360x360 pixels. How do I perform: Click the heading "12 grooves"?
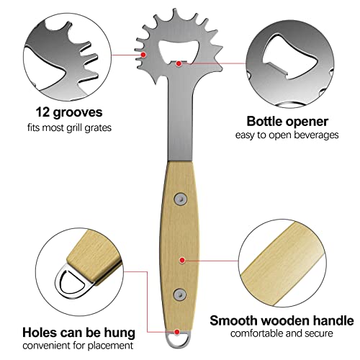pos(69,112)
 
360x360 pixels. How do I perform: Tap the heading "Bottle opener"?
pos(287,122)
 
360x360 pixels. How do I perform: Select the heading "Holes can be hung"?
pos(78,333)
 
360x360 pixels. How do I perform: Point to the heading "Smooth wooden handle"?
pos(282,320)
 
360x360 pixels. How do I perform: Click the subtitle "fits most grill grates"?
pos(69,127)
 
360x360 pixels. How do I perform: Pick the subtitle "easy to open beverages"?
pos(287,135)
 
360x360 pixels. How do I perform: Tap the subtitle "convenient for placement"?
pos(78,346)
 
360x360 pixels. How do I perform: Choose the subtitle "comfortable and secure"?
pos(282,333)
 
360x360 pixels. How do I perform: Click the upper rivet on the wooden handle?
pos(181,199)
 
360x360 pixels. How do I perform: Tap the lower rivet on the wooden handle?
pos(180,294)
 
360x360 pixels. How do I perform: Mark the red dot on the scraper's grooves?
pos(143,55)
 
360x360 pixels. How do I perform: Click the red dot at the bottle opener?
pos(179,63)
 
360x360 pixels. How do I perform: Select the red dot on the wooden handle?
pos(182,260)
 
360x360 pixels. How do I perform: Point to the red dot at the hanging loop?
pos(177,332)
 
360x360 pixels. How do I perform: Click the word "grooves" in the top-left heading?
pos(78,113)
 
